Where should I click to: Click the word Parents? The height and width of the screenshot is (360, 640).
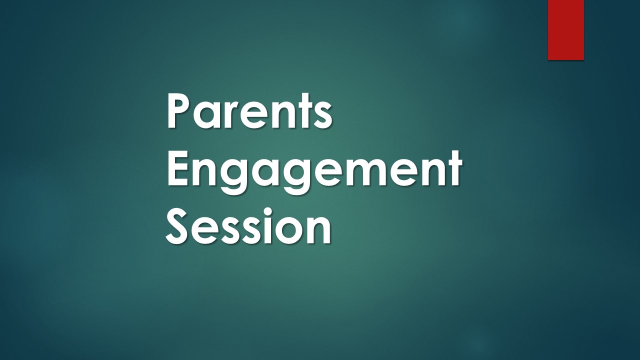point(249,110)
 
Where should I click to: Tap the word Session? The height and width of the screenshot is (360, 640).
point(248,226)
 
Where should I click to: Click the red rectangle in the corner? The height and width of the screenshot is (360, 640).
point(565,30)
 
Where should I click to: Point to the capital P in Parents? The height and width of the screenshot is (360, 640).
point(181,110)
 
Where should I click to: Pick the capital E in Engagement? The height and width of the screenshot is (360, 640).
point(180,168)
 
